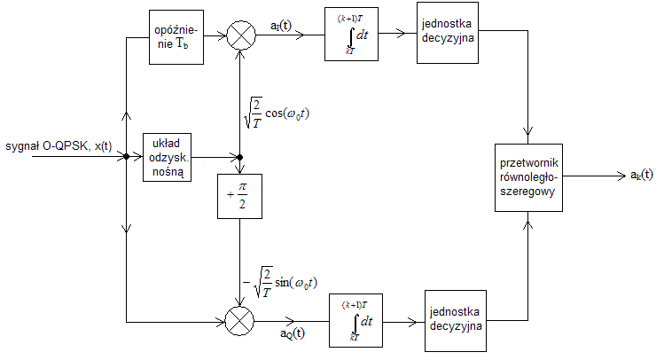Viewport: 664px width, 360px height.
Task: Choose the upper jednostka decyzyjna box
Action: (447, 38)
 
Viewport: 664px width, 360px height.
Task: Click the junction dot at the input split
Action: (128, 158)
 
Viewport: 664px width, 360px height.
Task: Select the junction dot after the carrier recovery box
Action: (240, 158)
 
